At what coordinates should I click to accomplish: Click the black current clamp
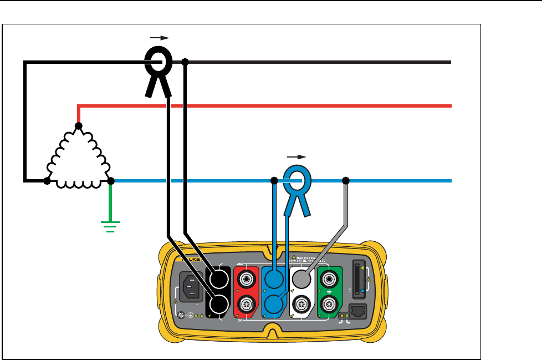coord(158,64)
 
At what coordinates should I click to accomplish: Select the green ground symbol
coord(110,225)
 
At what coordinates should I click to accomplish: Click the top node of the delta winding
coord(79,126)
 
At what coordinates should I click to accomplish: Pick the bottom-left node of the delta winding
coord(47,181)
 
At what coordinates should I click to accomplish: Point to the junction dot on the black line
coord(185,62)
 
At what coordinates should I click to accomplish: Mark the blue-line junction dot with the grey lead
coord(346,181)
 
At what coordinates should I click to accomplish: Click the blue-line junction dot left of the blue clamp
coord(274,181)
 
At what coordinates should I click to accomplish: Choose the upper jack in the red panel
coord(245,278)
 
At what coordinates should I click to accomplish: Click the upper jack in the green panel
coord(329,278)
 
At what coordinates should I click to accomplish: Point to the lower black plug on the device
coord(218,304)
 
